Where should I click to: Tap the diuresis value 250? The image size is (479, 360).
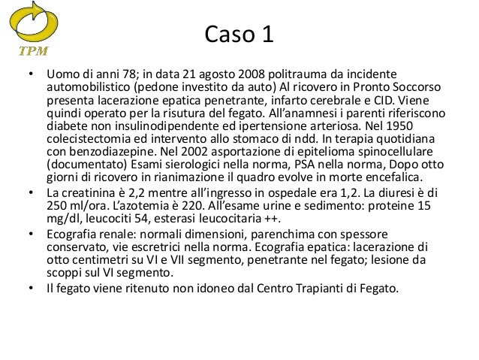point(57,204)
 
